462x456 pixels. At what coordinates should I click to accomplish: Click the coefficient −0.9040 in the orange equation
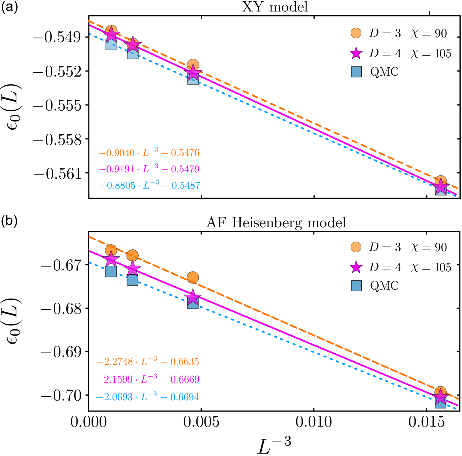coord(117,153)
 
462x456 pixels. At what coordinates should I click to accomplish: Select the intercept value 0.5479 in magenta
coord(185,169)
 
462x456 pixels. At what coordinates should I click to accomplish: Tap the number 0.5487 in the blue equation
coord(186,186)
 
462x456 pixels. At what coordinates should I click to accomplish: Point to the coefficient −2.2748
coord(115,362)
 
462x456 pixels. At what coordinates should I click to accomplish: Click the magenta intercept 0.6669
coord(185,379)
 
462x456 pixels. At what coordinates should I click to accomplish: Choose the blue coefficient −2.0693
coord(114,397)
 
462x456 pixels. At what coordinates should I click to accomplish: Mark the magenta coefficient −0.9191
coord(117,169)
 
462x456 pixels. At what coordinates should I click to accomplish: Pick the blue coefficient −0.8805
coord(117,186)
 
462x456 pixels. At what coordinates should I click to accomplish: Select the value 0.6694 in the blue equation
coord(185,397)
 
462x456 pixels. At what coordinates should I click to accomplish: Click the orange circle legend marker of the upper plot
coord(356,33)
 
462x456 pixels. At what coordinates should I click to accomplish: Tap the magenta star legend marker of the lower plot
coord(356,267)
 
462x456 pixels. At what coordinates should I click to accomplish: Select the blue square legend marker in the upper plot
coord(356,72)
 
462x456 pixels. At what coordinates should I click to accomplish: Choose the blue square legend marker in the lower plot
coord(356,286)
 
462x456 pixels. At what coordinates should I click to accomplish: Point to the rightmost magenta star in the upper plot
coord(441,186)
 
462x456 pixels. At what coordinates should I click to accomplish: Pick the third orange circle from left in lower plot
coord(193,277)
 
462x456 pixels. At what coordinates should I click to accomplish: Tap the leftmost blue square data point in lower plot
coord(111,272)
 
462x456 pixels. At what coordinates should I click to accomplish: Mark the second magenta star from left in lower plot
coord(132,269)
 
